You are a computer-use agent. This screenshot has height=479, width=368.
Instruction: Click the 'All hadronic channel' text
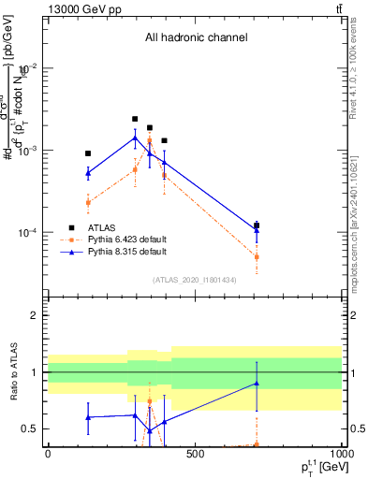click(x=195, y=38)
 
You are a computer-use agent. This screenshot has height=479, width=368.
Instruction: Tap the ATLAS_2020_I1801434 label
click(x=195, y=280)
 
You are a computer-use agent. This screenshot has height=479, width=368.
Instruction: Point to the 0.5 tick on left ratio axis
click(x=31, y=429)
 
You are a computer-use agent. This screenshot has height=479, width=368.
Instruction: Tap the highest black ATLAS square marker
click(x=135, y=119)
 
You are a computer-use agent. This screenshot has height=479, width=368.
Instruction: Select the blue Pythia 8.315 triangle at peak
click(x=135, y=138)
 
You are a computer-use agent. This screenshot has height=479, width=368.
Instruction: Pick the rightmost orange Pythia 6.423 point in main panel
click(x=257, y=256)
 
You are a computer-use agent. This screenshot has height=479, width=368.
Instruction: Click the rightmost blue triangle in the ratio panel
click(x=257, y=383)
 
